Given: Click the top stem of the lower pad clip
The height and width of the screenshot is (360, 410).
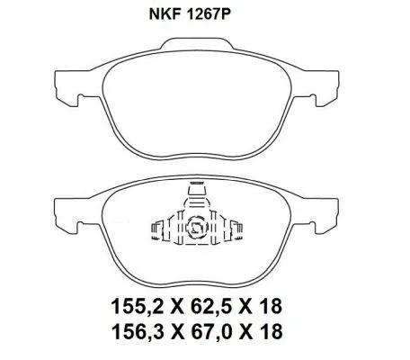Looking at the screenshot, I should coord(197,192).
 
